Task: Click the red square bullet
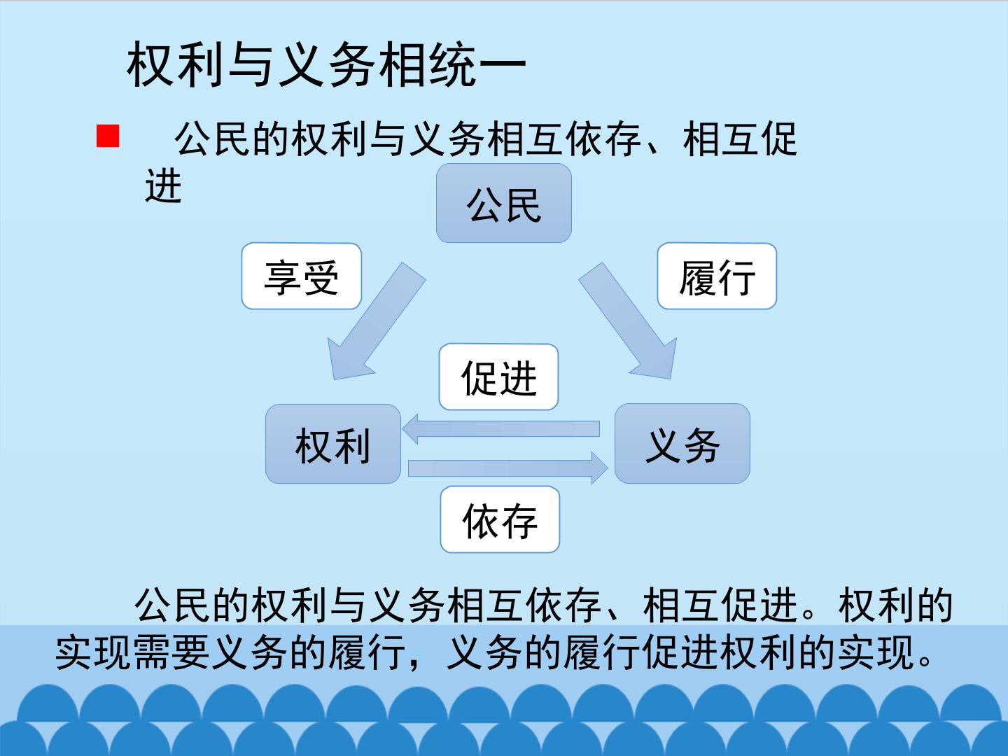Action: click(108, 136)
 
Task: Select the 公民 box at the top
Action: click(504, 203)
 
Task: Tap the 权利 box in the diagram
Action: click(333, 444)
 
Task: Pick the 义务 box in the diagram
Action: click(682, 443)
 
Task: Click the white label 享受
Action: click(302, 276)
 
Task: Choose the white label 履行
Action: click(717, 276)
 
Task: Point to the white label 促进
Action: click(498, 377)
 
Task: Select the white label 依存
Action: click(500, 519)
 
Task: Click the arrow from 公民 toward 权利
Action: click(377, 321)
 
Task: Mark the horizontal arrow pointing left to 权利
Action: click(501, 428)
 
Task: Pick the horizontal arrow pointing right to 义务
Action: click(508, 468)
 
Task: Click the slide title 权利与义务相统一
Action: click(326, 64)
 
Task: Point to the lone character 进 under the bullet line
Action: click(164, 186)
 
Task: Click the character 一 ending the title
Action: click(502, 66)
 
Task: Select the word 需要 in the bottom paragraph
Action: click(171, 652)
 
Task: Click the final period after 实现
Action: click(926, 661)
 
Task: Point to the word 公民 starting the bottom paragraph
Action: click(173, 605)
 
